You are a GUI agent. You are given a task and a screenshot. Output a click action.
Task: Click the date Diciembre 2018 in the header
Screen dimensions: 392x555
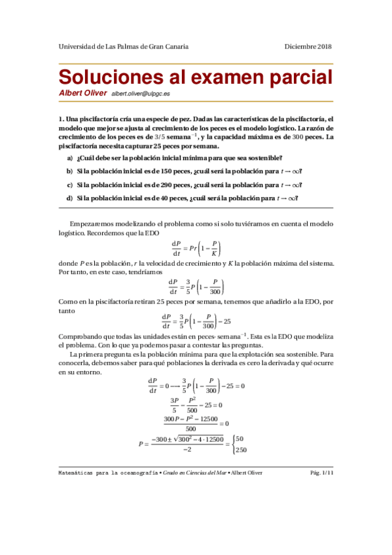308,46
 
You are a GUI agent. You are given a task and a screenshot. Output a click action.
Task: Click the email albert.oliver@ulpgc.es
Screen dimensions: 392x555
141,94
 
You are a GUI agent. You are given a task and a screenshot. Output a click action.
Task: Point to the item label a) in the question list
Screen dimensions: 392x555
69,158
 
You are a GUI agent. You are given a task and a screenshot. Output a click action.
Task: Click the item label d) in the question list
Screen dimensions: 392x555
69,199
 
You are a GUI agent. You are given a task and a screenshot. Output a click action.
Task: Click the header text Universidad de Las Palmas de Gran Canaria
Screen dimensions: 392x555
124,46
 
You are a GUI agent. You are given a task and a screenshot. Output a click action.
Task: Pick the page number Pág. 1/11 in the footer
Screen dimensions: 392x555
319,472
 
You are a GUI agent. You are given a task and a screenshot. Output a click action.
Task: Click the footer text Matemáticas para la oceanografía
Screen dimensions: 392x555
108,472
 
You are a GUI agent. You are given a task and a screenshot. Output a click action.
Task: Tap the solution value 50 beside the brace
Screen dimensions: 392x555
240,439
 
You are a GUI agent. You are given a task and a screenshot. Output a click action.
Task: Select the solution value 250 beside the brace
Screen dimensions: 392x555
241,450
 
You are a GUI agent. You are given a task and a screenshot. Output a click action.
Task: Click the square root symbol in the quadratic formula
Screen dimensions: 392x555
175,439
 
